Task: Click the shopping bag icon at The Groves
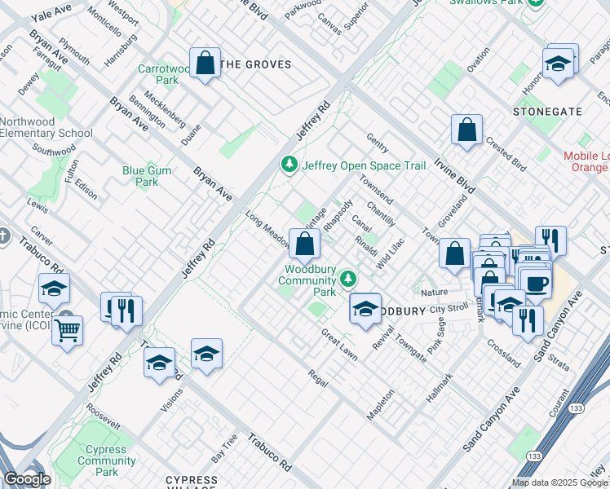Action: click(x=206, y=62)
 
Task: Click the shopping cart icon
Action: click(x=67, y=330)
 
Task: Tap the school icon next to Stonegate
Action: click(x=557, y=64)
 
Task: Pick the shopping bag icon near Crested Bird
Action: click(x=467, y=129)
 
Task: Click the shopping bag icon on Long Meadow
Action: click(x=304, y=243)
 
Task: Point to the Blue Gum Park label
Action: click(x=140, y=176)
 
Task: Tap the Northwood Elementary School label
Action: click(x=46, y=128)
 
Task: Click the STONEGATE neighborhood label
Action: click(x=547, y=111)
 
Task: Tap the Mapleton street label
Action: click(x=380, y=404)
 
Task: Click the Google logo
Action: click(x=27, y=479)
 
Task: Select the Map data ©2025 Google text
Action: click(x=559, y=482)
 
